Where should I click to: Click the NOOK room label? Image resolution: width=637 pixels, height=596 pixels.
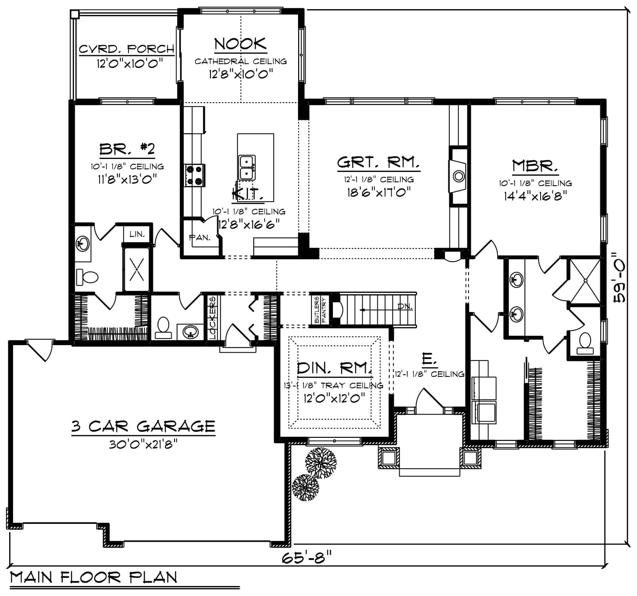(x=240, y=44)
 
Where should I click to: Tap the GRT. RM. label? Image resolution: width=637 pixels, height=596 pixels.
(x=379, y=162)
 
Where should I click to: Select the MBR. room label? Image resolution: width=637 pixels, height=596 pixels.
(x=535, y=166)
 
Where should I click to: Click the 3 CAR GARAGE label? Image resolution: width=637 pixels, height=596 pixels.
(x=143, y=426)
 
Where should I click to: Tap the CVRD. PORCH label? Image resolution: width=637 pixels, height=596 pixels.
(x=127, y=49)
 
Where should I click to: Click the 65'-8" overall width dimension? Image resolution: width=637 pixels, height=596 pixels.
(x=306, y=558)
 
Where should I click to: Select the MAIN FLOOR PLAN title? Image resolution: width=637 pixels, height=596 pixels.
(x=94, y=577)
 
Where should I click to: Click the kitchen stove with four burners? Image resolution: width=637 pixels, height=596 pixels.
(x=195, y=175)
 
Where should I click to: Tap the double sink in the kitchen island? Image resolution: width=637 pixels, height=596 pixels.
(x=247, y=167)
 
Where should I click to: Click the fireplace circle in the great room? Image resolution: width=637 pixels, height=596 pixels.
(x=459, y=176)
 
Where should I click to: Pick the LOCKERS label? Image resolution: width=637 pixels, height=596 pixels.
(x=212, y=318)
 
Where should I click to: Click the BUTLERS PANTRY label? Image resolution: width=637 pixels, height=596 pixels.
(x=320, y=310)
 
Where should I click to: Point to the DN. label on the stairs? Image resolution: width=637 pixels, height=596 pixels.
(x=405, y=306)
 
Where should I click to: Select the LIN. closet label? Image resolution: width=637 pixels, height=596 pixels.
(x=137, y=234)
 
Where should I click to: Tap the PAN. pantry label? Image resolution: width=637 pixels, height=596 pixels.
(x=200, y=238)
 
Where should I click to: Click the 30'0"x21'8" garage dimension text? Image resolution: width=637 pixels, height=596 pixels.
(x=143, y=445)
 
